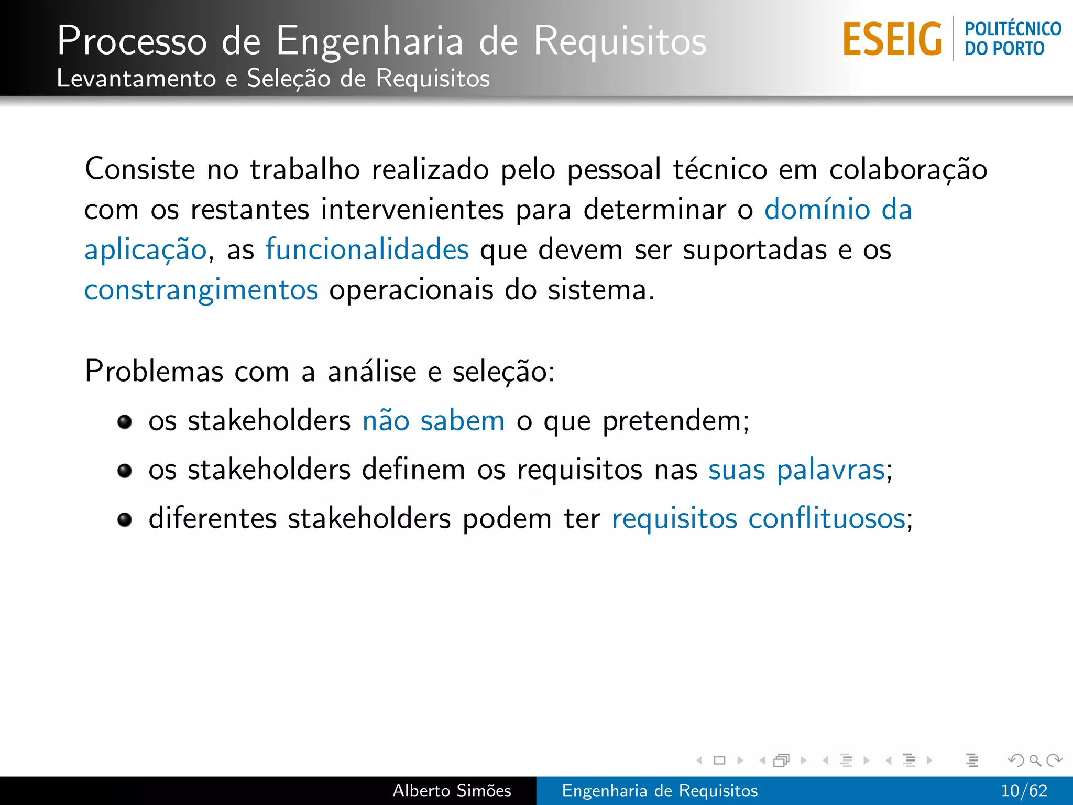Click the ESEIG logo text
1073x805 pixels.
click(892, 39)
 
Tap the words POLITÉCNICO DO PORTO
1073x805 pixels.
click(1012, 39)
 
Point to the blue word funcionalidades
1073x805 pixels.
click(367, 249)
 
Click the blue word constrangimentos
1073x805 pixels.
click(201, 290)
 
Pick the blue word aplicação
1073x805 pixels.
click(146, 251)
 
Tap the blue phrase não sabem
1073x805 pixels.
click(433, 421)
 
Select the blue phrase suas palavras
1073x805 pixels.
click(796, 470)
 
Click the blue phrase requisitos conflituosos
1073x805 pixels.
click(759, 519)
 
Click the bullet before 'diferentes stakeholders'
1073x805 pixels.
click(125, 519)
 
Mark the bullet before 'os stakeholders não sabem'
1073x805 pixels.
click(125, 421)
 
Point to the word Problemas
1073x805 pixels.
click(154, 372)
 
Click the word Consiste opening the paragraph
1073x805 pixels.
click(140, 169)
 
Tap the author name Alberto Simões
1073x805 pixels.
click(452, 790)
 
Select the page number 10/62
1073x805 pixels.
click(1024, 790)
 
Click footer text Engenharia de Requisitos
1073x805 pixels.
click(660, 790)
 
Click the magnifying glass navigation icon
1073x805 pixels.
click(1035, 760)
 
